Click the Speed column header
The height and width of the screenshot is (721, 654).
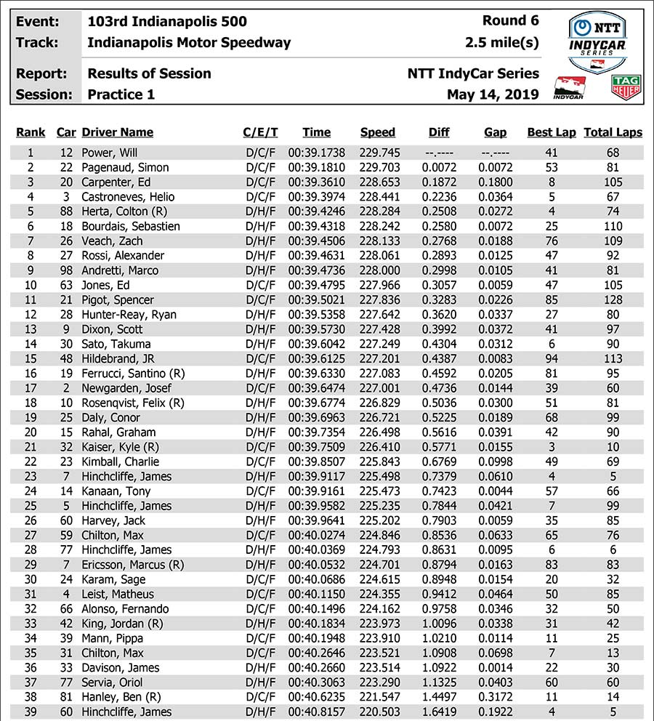click(378, 132)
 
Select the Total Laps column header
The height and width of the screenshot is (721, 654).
click(613, 132)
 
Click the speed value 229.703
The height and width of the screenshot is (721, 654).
click(378, 167)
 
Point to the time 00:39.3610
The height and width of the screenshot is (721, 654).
click(316, 182)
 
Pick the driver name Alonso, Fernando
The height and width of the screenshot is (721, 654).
click(125, 609)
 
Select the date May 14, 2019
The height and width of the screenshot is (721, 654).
click(493, 94)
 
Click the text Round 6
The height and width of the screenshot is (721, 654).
click(510, 21)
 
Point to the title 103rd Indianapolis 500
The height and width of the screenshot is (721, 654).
click(167, 21)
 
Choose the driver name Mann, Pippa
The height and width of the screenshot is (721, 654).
click(113, 639)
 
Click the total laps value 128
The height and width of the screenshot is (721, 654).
click(613, 299)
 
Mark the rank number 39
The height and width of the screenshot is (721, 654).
click(31, 712)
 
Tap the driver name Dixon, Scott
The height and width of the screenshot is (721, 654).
click(113, 329)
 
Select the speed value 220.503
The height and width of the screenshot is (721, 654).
click(378, 712)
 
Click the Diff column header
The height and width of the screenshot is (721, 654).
click(439, 132)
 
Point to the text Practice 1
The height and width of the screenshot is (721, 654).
click(121, 94)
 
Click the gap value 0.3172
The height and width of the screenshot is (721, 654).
click(496, 698)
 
